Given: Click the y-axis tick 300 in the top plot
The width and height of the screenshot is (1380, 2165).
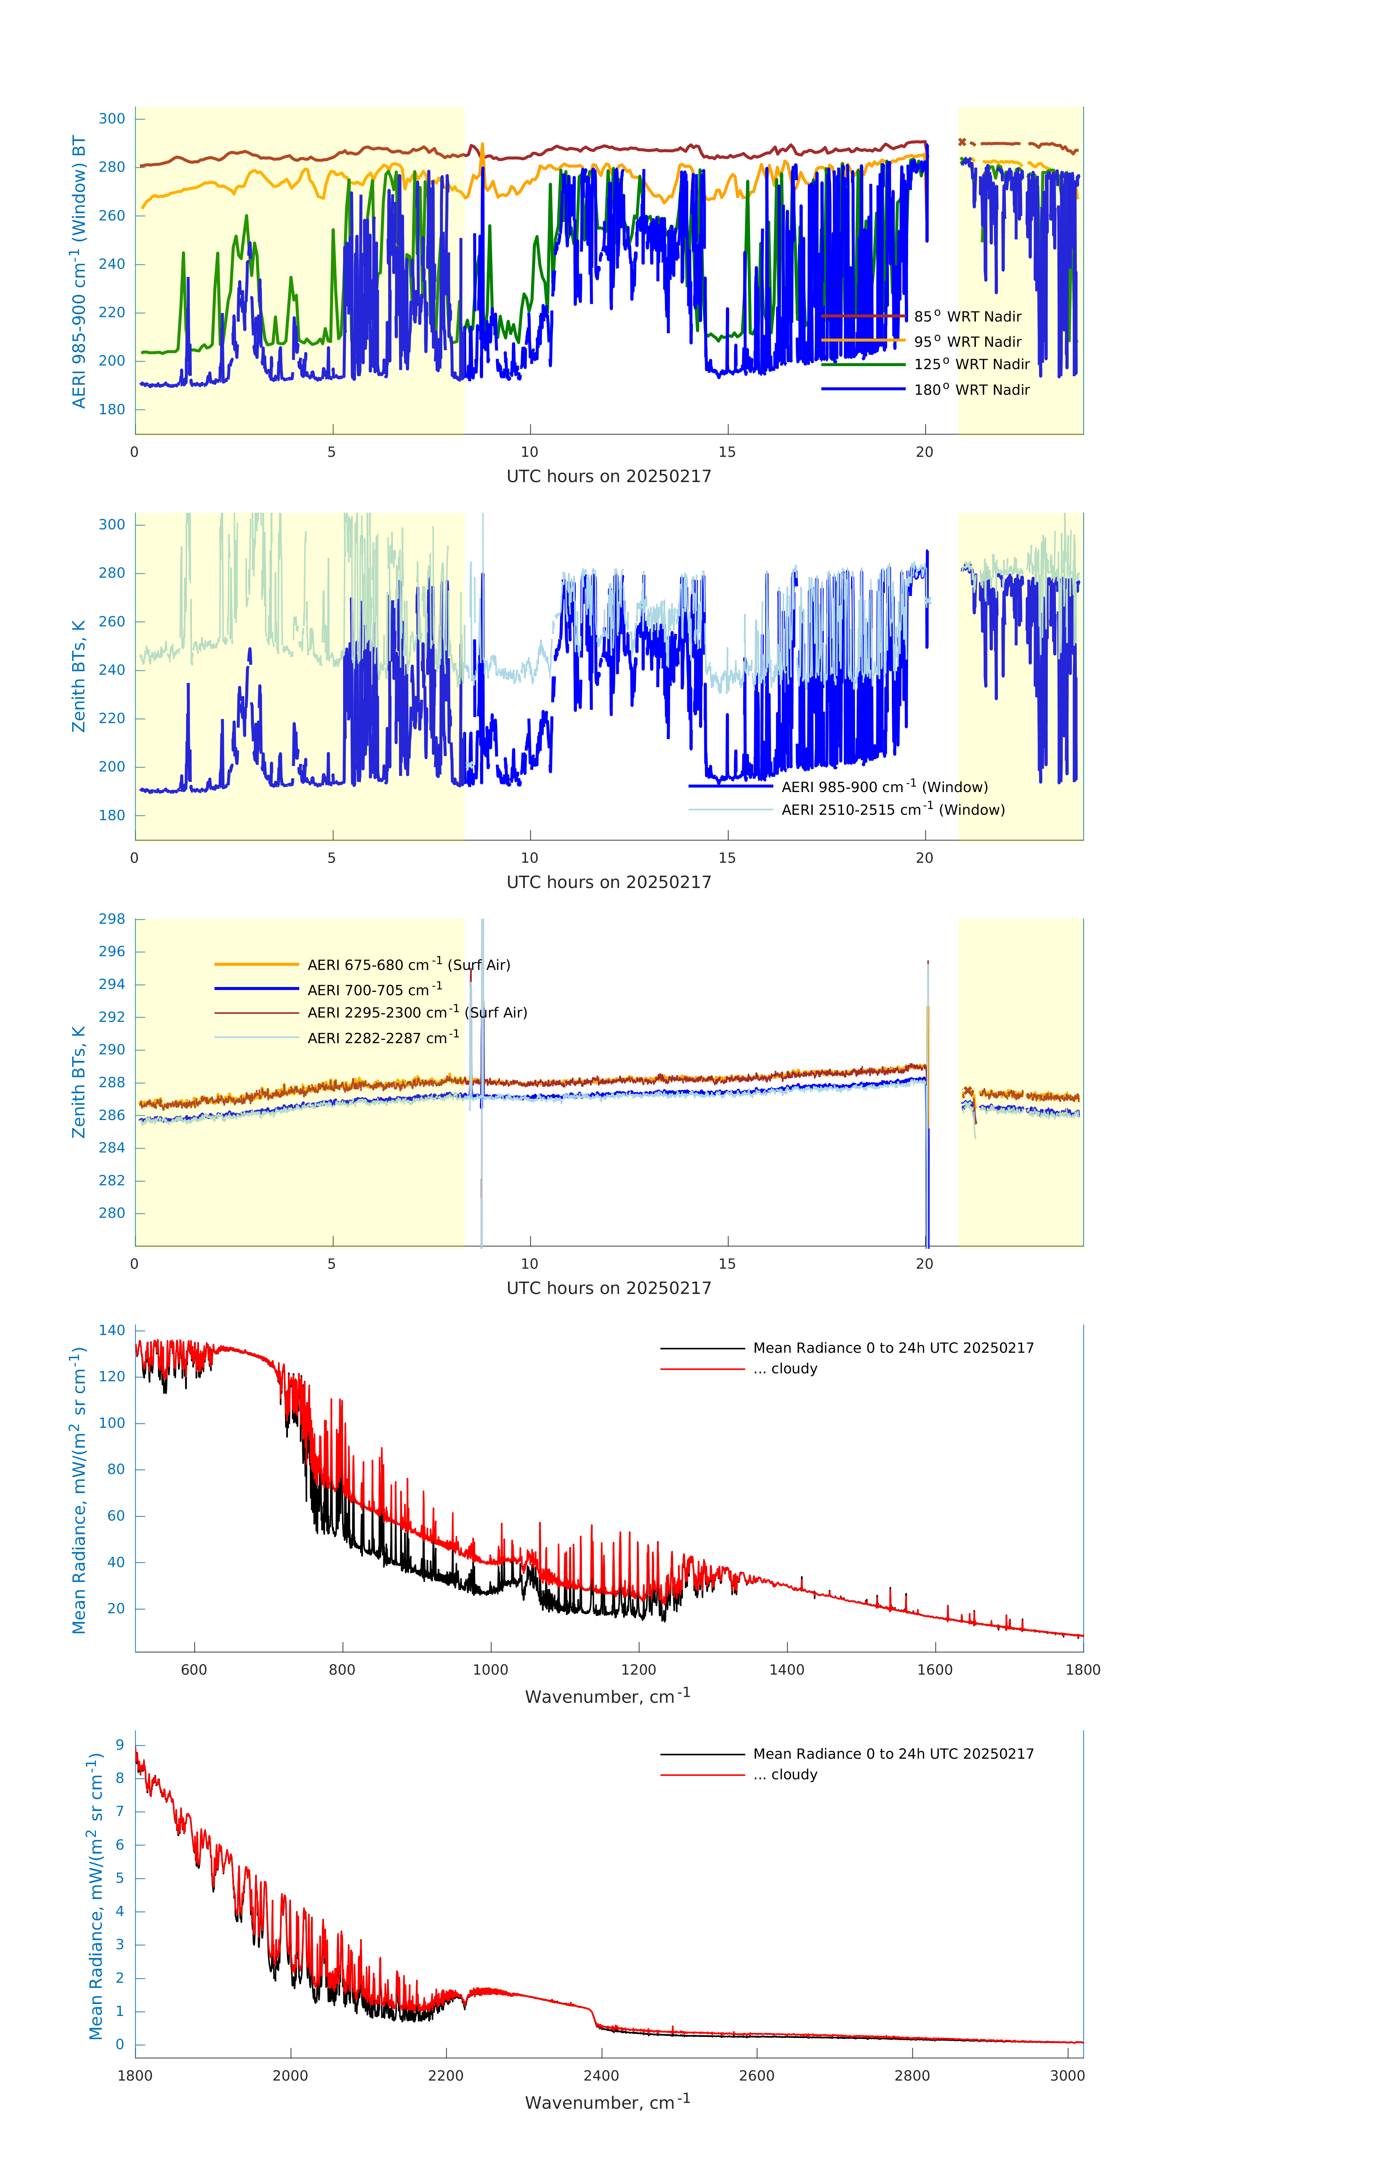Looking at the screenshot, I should (x=112, y=119).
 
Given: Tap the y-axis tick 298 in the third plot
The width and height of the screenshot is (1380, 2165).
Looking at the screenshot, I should (x=112, y=919).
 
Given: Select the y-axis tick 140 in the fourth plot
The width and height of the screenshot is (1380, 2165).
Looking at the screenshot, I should (x=112, y=1331).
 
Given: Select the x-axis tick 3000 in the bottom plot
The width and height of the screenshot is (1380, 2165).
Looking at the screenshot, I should (x=1067, y=2076).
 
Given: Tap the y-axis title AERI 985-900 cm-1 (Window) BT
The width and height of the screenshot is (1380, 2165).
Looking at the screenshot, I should (x=79, y=271).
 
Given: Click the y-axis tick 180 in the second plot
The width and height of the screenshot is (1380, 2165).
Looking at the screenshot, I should (x=112, y=815).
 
